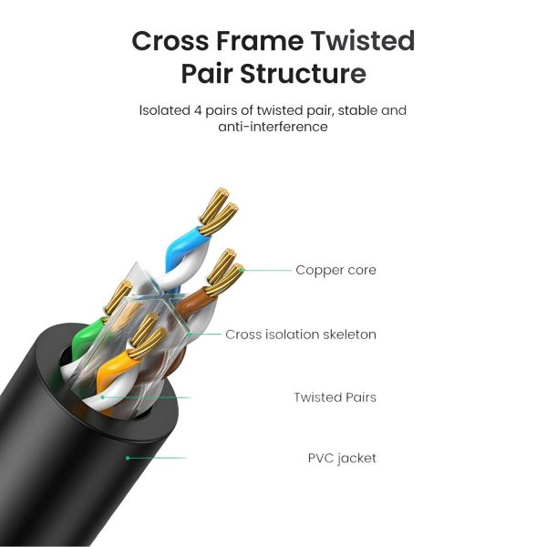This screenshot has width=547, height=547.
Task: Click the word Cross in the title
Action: click(x=171, y=41)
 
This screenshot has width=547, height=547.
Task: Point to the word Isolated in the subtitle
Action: click(x=165, y=110)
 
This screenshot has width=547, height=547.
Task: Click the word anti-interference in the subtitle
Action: click(x=273, y=128)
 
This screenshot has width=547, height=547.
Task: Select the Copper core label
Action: click(x=335, y=270)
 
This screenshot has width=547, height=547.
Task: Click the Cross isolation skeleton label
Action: click(x=301, y=335)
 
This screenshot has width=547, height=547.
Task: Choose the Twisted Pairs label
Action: click(x=335, y=397)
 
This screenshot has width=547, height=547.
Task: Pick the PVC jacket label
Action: click(x=342, y=458)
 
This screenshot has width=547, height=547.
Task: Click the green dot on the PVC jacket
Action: click(x=128, y=458)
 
